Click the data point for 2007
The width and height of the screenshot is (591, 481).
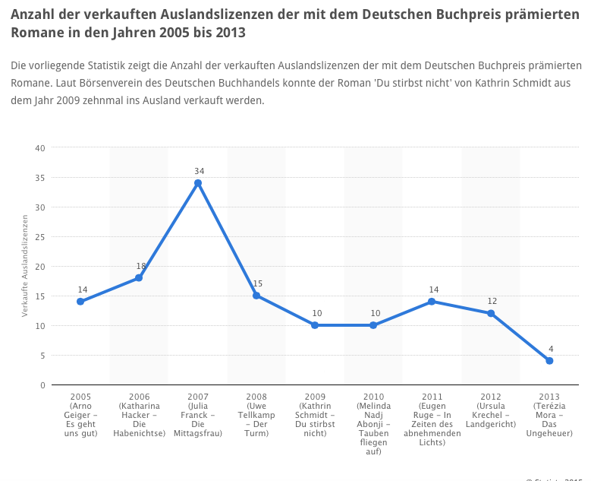click(198, 183)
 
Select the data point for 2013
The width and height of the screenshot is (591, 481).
click(549, 361)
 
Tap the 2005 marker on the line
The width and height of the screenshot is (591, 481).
click(80, 302)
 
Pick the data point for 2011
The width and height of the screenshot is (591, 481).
click(432, 302)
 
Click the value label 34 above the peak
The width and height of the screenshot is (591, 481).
click(198, 171)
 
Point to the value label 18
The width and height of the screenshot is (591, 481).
click(140, 266)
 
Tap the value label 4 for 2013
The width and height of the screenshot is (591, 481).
click(549, 349)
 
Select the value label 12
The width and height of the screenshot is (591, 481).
click(491, 302)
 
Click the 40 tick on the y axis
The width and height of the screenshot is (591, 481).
click(40, 148)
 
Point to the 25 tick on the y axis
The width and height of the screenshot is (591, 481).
click(40, 237)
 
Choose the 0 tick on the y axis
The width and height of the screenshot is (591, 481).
click(42, 385)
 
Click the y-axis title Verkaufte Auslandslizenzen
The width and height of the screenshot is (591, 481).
click(25, 266)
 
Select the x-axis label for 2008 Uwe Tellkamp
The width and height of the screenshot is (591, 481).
click(256, 415)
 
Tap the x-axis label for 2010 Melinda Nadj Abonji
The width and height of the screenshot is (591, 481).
click(373, 424)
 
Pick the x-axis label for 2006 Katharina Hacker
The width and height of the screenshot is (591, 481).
click(140, 415)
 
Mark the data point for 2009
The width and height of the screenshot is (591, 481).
click(315, 325)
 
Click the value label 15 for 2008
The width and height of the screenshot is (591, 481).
click(257, 283)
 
